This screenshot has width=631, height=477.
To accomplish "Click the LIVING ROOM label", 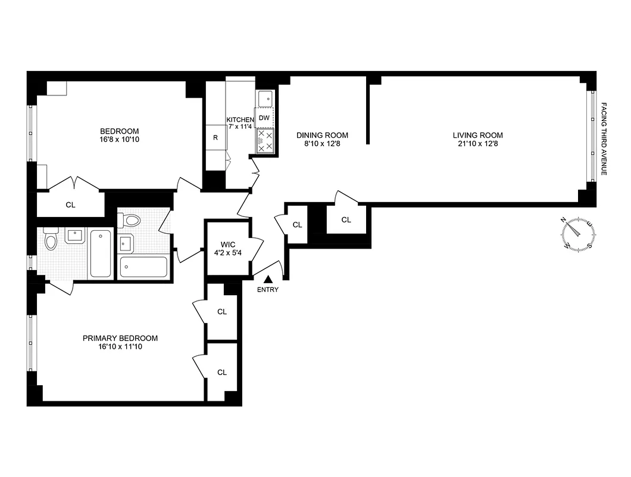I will pos(477,135).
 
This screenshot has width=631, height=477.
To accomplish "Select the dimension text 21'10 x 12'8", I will pos(477,144).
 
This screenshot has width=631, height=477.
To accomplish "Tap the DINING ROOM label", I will pos(322,135).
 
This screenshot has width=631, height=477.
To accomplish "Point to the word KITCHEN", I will pos(240,120).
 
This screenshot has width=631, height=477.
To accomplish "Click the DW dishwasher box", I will pos(264,118).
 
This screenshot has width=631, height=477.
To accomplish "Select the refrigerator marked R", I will pos(215,137).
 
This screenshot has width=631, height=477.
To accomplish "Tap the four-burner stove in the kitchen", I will pos(264,141).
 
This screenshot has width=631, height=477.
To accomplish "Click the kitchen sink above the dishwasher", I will pos(265,97).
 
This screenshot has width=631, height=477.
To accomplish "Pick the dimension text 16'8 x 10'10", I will pos(119,140).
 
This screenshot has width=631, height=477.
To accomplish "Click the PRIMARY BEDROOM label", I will pos(120,338).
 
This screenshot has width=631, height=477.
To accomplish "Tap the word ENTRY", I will pos(268,290).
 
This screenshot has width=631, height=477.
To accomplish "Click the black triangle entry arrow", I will pos(268,279).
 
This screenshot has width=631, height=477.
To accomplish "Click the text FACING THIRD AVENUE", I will pos(603,138).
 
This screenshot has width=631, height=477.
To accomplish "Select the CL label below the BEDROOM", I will pos(70,205).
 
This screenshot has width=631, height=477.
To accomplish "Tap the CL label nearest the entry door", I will pos(298,225).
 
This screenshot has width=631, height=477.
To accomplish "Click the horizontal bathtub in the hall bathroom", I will pos(144,267).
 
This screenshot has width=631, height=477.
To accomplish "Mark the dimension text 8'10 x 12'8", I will pos(322,144).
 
